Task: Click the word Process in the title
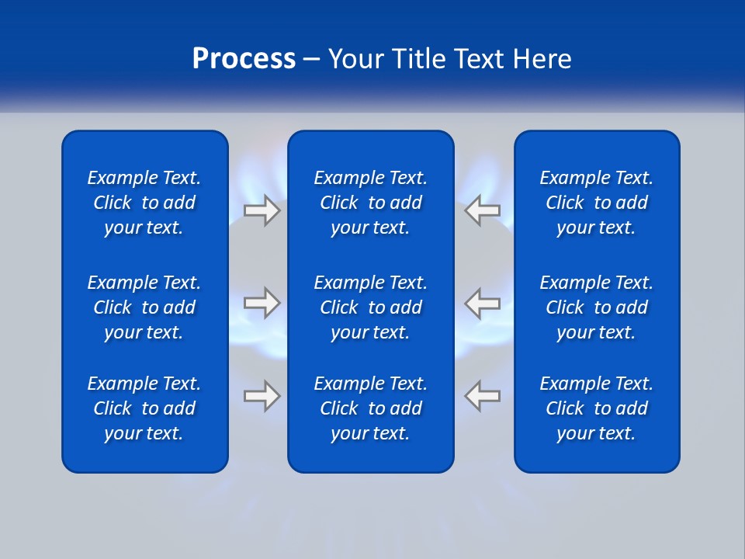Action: pos(244,59)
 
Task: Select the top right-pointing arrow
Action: pos(262,210)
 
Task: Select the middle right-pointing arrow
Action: pos(262,303)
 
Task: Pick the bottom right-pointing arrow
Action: pos(262,395)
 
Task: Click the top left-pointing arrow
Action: pos(482,210)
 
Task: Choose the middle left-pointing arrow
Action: pos(482,303)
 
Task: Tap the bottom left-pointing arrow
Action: pos(482,395)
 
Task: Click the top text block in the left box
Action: pos(144,203)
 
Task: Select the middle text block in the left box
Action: pos(144,307)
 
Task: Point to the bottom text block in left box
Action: pos(144,408)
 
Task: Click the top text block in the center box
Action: pos(370,203)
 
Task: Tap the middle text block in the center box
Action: pos(370,307)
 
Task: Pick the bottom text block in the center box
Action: pos(370,408)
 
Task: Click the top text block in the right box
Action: pos(596,203)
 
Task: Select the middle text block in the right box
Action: pos(596,307)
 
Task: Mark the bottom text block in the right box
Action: pos(596,408)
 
